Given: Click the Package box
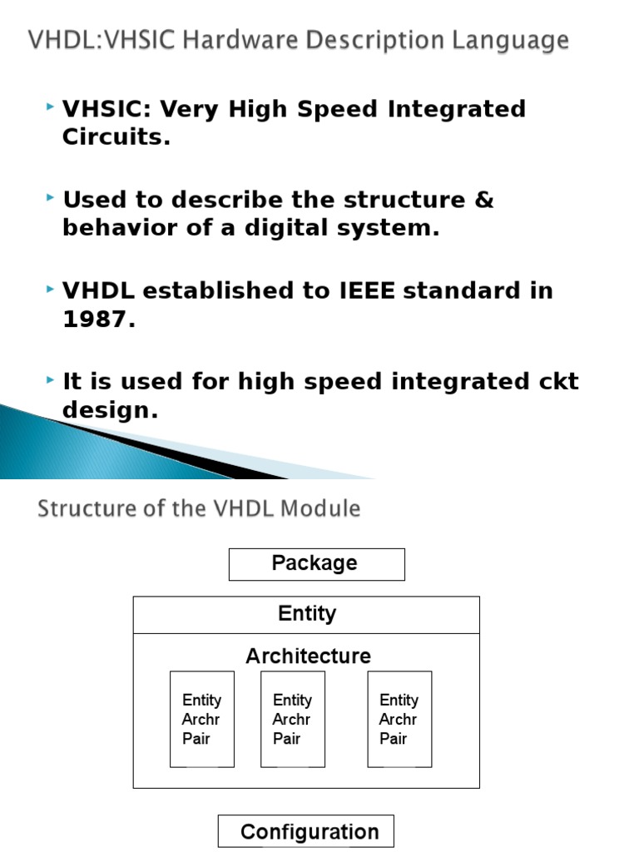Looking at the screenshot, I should tap(316, 564).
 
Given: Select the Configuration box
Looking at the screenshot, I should tap(306, 831).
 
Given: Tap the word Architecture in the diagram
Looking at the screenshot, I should tap(308, 656).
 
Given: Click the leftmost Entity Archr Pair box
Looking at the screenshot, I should tap(202, 719).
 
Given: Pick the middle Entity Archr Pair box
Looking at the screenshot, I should tap(293, 719).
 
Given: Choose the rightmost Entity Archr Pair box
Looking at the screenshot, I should tap(399, 719).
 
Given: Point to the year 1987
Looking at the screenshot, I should tap(98, 319).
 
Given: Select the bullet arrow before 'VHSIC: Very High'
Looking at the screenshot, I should tap(52, 106).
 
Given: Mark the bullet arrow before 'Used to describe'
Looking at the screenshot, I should tap(52, 198).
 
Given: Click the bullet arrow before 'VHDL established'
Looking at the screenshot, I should tap(52, 289).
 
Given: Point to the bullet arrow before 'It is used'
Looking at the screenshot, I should tap(52, 379).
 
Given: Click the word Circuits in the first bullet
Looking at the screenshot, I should tap(116, 137).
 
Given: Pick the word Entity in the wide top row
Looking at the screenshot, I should tap(307, 614).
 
